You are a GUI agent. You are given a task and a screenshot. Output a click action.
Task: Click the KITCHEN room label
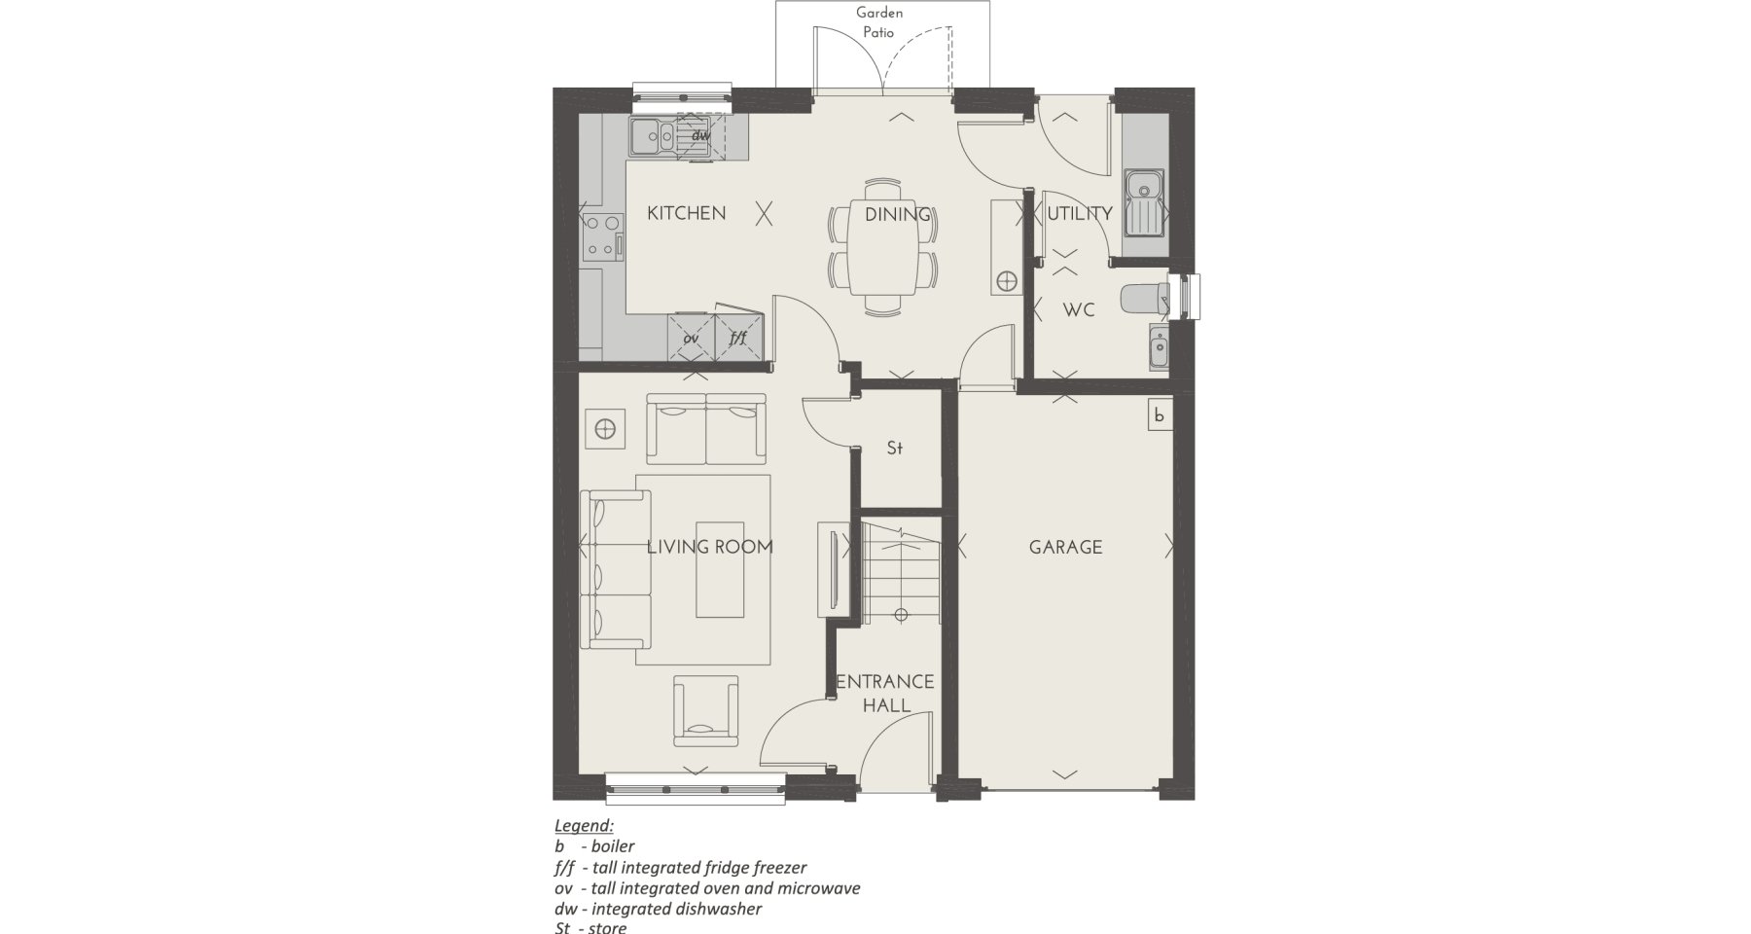click(686, 213)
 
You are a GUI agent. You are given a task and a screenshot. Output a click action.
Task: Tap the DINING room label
click(898, 214)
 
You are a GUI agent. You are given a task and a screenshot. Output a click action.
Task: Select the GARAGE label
click(1065, 548)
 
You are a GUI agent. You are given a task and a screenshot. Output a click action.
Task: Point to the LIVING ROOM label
click(710, 547)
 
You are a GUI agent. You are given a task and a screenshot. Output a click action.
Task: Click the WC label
click(1079, 310)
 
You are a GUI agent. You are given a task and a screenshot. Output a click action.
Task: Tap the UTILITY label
click(1080, 213)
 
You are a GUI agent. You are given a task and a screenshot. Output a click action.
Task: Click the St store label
click(895, 449)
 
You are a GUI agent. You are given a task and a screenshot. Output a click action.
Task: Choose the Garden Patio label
click(878, 22)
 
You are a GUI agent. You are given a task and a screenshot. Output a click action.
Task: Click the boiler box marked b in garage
click(1159, 414)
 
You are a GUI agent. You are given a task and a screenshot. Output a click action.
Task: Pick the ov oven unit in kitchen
click(692, 337)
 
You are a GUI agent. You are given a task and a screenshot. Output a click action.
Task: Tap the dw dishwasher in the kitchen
click(700, 135)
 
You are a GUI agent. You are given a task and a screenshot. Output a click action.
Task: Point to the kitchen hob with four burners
click(603, 236)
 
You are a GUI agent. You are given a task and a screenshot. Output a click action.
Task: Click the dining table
click(882, 247)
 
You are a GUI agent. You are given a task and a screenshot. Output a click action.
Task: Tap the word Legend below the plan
click(584, 826)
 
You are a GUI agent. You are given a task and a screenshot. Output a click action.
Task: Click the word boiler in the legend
click(613, 846)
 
